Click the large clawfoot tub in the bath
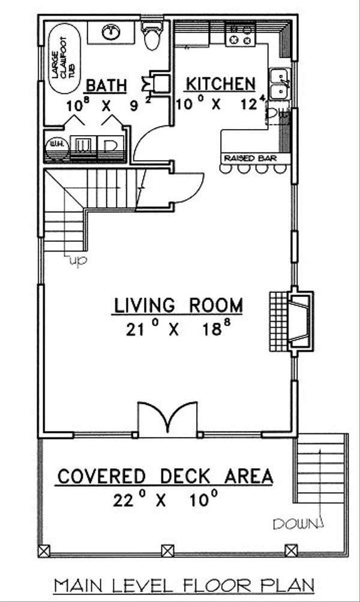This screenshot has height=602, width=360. (62, 58)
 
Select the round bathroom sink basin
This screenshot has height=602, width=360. (111, 31)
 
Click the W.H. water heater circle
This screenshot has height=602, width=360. (56, 147)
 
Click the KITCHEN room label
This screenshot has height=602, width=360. (220, 83)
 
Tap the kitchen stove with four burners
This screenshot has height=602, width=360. (239, 34)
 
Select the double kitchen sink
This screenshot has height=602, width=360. (278, 85)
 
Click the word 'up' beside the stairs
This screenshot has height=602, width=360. (77, 260)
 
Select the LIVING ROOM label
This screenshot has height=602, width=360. (179, 305)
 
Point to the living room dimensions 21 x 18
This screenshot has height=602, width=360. (179, 330)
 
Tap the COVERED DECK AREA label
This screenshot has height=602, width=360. (165, 477)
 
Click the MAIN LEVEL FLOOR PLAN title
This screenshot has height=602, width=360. (183, 585)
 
